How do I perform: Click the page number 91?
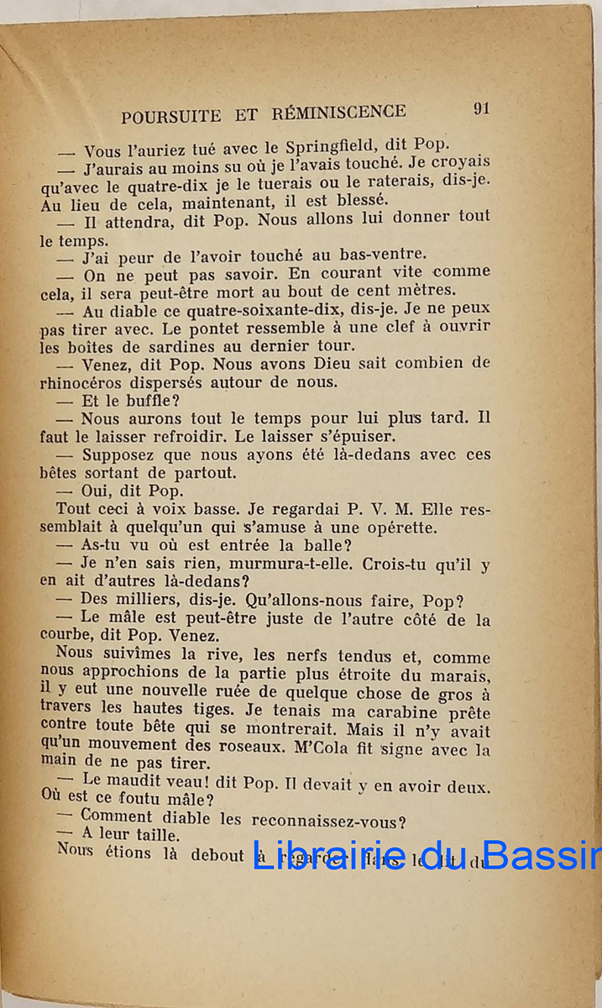481,108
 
